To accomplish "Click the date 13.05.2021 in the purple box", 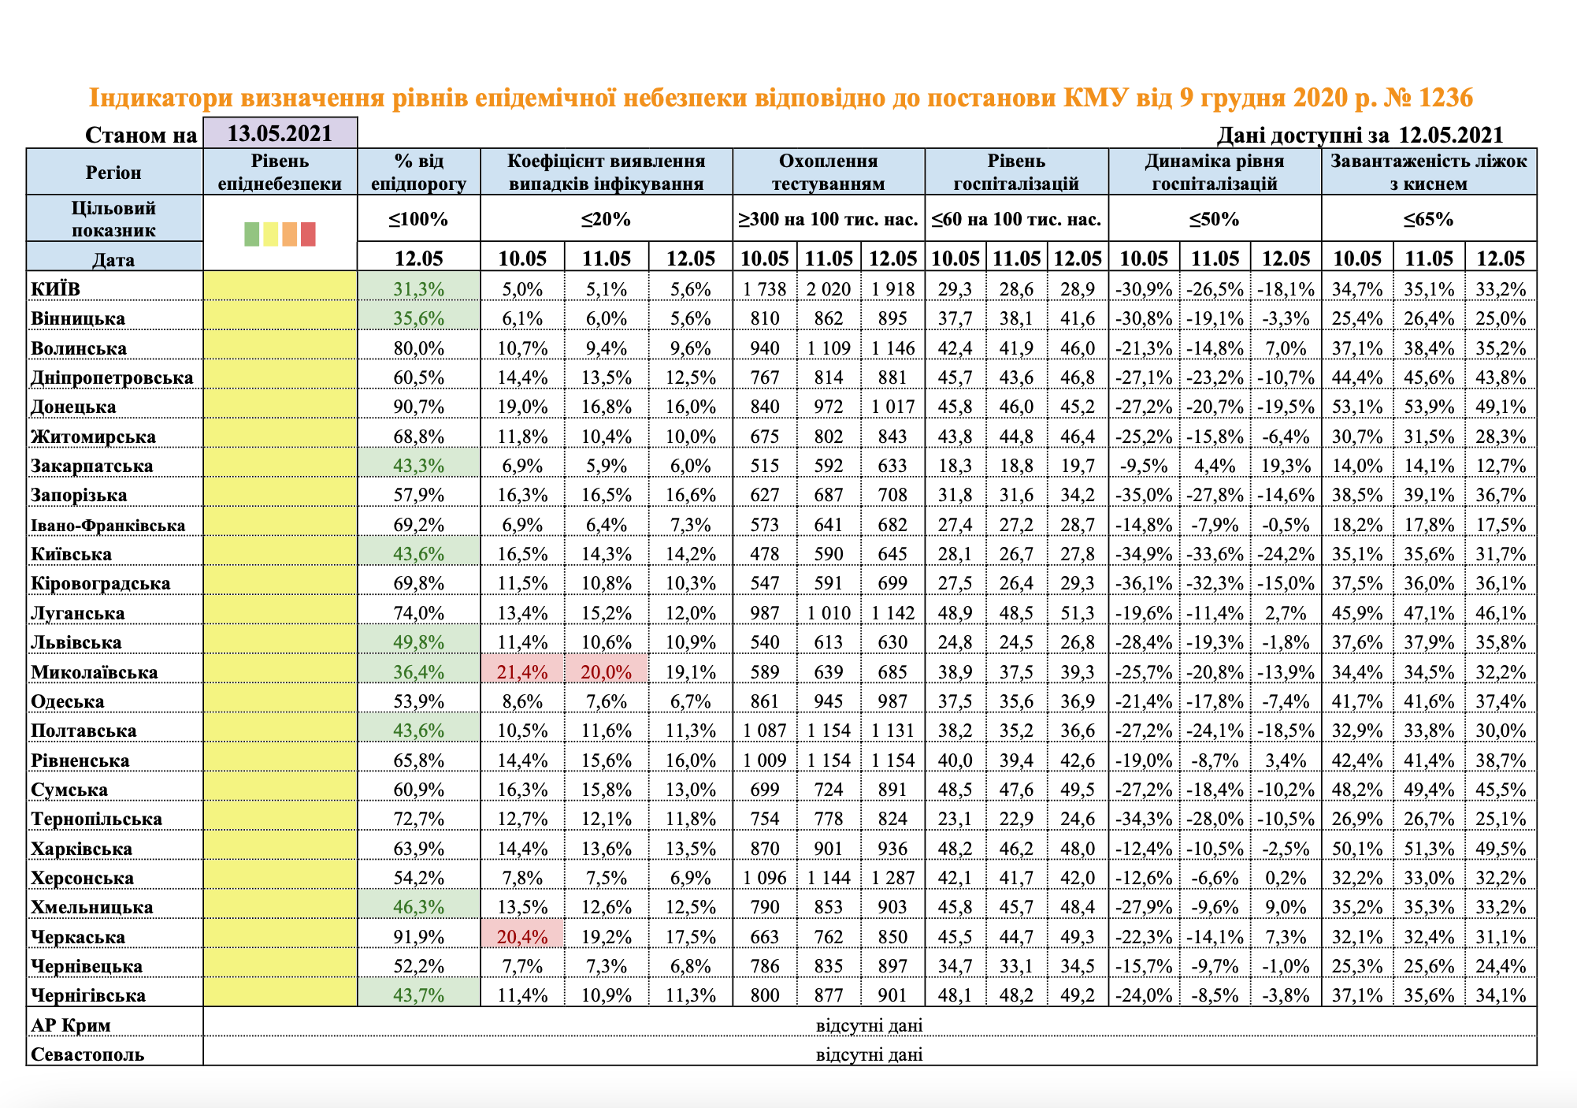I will point(280,133).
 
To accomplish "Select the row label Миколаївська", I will point(95,672).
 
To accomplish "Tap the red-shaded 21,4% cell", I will point(521,672).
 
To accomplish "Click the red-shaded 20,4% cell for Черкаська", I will point(521,937).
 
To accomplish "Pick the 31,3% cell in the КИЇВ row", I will point(418,289).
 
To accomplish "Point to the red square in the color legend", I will point(308,234).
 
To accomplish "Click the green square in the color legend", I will point(251,234).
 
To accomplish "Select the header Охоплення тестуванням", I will point(828,173).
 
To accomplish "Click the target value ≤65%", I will point(1428,219).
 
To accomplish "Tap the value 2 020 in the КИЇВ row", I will point(828,289).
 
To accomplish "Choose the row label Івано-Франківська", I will point(108,525).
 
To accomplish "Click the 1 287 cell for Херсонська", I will point(892,878).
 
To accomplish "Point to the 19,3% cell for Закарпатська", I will point(1286,466).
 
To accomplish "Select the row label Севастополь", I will point(87,1054).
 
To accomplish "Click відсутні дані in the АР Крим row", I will point(869,1025).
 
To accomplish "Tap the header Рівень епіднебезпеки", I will point(280,173).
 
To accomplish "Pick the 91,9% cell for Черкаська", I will point(418,937).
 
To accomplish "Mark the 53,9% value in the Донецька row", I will point(1429,407).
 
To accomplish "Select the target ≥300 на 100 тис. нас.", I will point(828,219).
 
